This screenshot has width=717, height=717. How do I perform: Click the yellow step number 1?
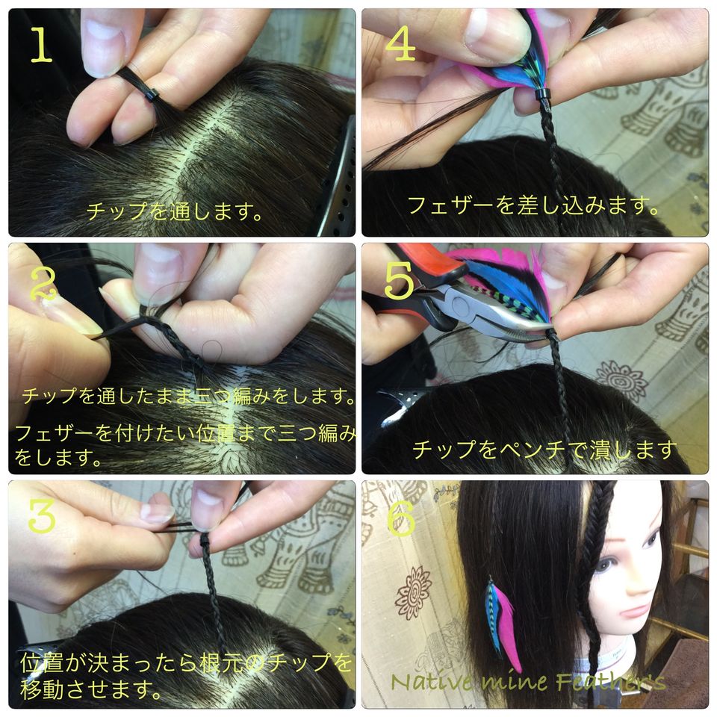pyautogui.click(x=42, y=44)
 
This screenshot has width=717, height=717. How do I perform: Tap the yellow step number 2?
pyautogui.click(x=43, y=284)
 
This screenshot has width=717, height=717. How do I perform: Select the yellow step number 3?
pyautogui.click(x=42, y=515)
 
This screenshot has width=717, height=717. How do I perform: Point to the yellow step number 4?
pyautogui.click(x=400, y=43)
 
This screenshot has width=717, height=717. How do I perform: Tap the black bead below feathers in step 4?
pyautogui.click(x=542, y=98)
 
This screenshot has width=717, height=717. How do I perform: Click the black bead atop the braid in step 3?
pyautogui.click(x=205, y=541)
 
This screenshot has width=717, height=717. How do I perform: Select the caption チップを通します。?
pyautogui.click(x=174, y=211)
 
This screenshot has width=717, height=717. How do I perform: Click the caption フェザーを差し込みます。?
pyautogui.click(x=533, y=205)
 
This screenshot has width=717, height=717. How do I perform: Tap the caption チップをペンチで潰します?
pyautogui.click(x=544, y=450)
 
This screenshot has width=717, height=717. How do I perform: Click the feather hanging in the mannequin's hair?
pyautogui.click(x=502, y=622)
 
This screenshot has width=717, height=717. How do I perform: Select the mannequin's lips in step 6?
pyautogui.click(x=634, y=612)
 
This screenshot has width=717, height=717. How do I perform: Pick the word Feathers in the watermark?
pyautogui.click(x=610, y=681)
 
